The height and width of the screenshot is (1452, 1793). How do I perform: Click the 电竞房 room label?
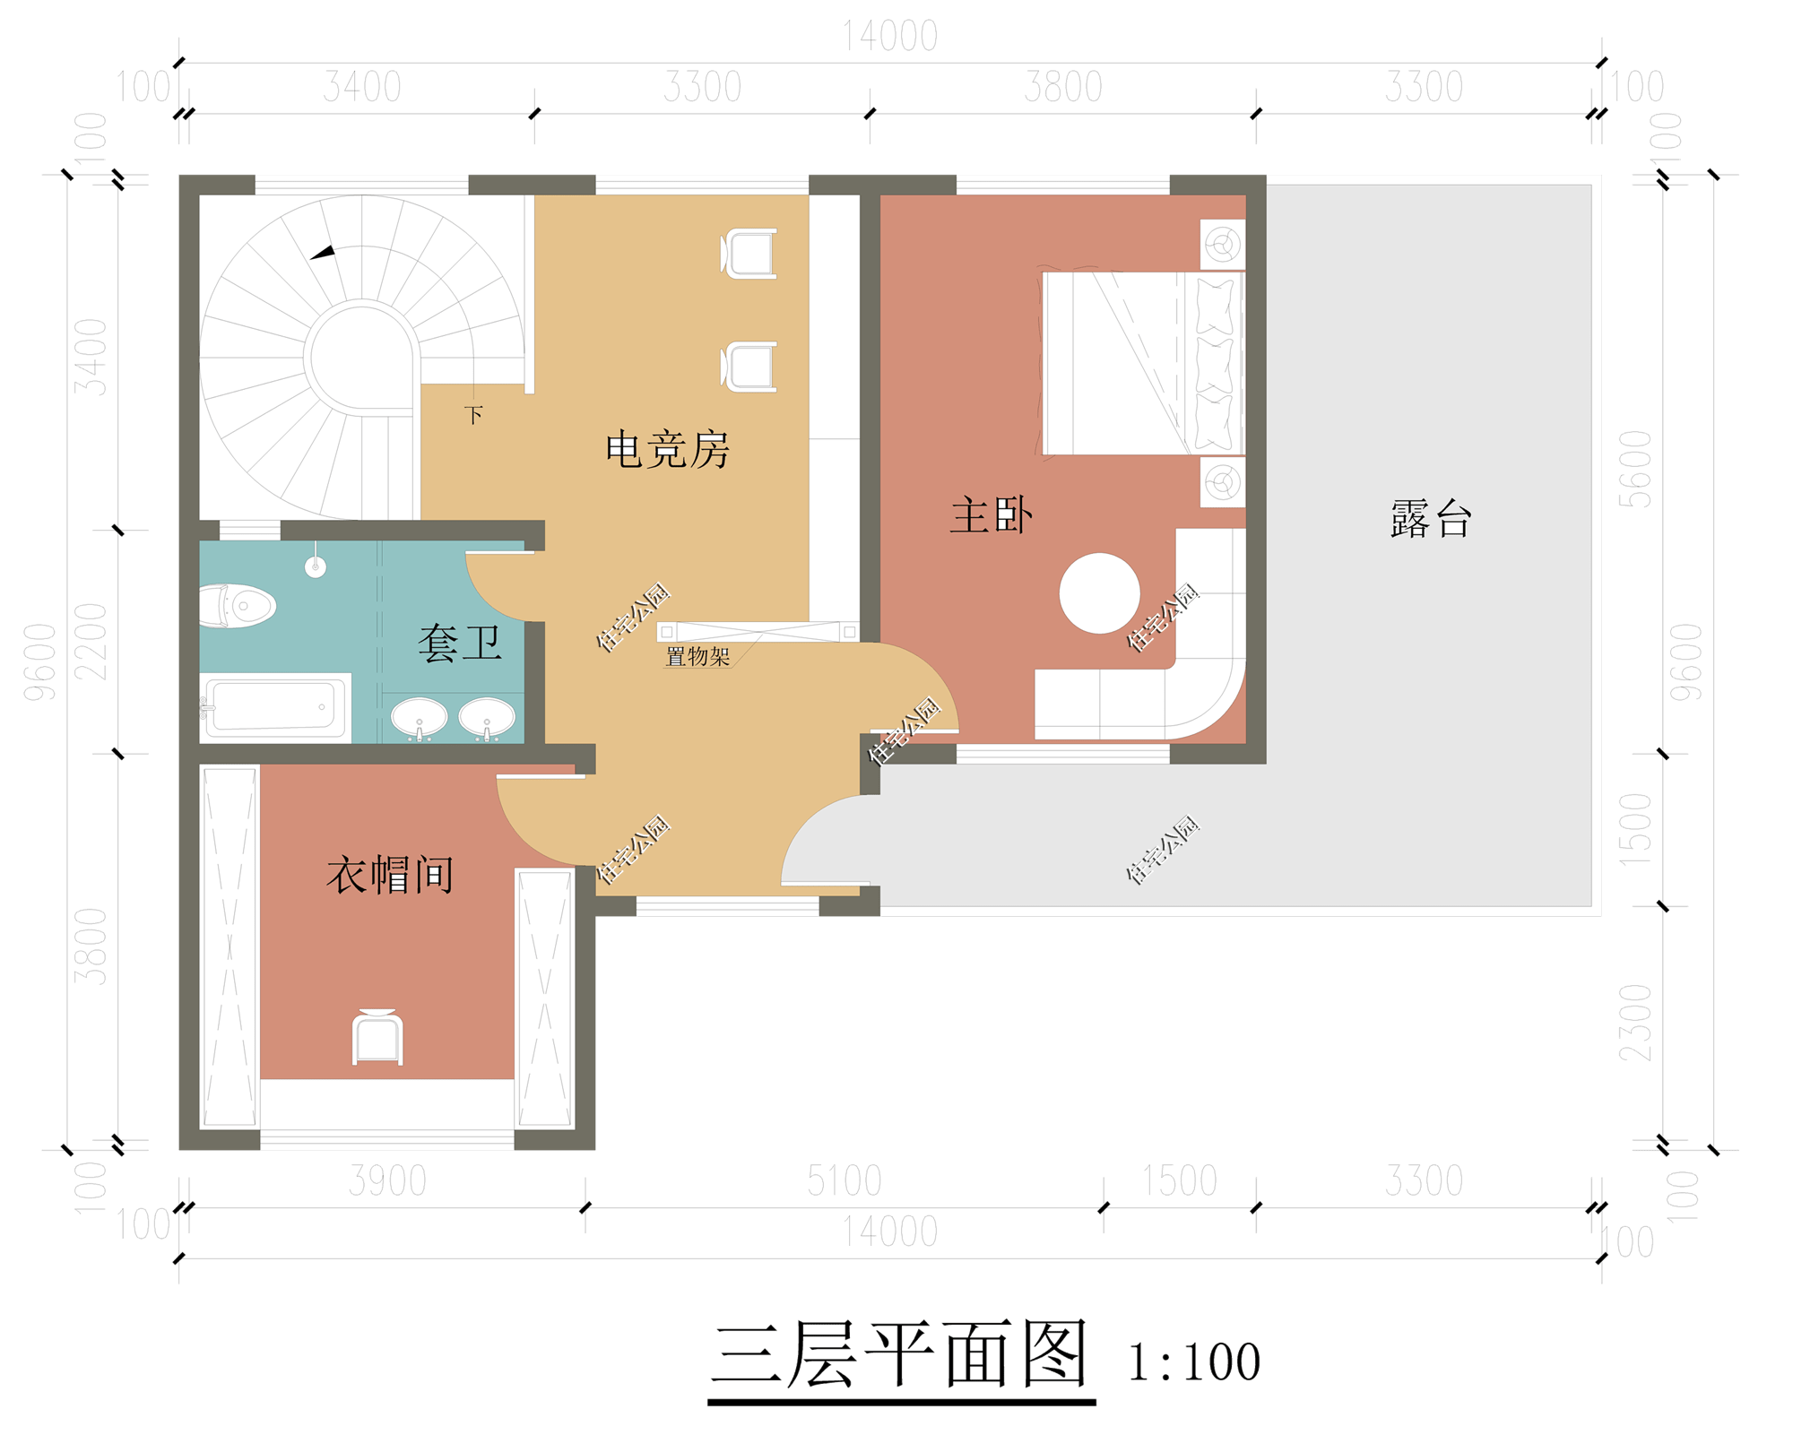667,449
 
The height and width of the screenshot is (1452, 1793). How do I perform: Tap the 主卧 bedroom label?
991,516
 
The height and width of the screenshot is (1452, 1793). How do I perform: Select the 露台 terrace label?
1431,519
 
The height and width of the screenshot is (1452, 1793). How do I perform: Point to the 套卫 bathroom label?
459,644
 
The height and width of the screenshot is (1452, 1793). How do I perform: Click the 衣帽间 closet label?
390,875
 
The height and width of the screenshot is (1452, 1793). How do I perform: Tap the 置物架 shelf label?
697,657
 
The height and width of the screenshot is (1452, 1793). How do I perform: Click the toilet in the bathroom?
237,606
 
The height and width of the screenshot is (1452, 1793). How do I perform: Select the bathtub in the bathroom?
276,706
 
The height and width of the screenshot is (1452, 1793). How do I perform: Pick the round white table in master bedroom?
1099,593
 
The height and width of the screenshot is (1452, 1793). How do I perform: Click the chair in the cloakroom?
377,1038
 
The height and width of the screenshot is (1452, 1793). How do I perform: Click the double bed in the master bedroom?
1143,363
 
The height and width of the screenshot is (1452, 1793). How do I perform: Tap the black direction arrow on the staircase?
323,253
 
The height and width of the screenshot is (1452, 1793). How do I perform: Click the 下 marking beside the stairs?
473,415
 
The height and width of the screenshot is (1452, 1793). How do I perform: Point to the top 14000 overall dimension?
890,37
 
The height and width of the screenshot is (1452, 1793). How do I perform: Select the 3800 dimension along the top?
1062,88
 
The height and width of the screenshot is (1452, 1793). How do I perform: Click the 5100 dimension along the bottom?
844,1181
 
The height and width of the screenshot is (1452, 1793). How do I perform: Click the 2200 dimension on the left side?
91,641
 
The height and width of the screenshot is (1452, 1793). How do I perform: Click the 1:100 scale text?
1194,1362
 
